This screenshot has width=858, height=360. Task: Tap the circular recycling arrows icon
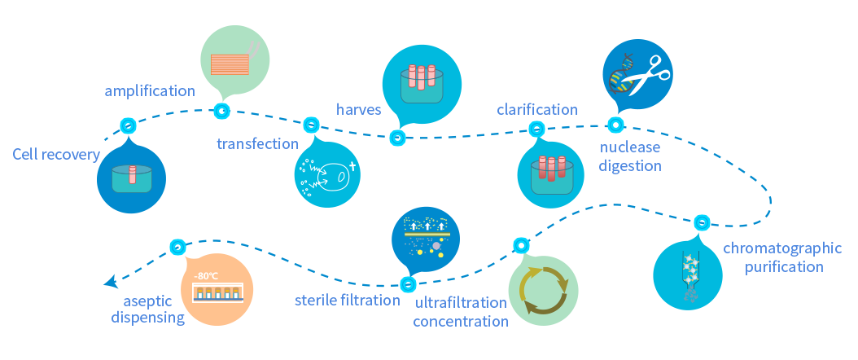[x=543, y=291]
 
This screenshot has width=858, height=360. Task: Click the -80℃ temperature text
[x=207, y=274]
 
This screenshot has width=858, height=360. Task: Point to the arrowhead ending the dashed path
[x=110, y=283]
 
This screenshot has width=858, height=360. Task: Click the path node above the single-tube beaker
[x=128, y=125]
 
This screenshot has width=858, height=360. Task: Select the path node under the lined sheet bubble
[x=221, y=111]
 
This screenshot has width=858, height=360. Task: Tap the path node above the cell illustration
[x=311, y=125]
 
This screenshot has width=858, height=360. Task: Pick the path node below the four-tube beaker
[x=397, y=138]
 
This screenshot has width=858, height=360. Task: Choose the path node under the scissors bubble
[x=615, y=125]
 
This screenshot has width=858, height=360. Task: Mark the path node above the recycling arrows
[x=522, y=245]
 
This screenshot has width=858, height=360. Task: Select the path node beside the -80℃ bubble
[x=177, y=246]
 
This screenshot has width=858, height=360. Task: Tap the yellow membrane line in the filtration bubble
[x=426, y=234]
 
